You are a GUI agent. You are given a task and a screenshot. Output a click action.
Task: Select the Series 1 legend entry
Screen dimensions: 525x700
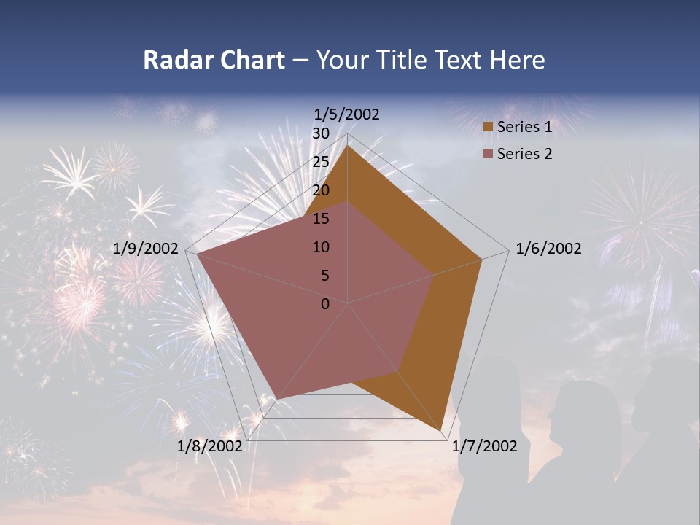pyautogui.click(x=524, y=127)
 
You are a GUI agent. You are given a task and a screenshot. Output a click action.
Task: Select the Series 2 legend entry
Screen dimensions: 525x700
pyautogui.click(x=524, y=154)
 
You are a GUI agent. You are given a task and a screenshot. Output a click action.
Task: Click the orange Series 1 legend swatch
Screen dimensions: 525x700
pyautogui.click(x=488, y=128)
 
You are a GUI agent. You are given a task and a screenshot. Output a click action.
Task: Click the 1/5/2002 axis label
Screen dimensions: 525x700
pyautogui.click(x=347, y=114)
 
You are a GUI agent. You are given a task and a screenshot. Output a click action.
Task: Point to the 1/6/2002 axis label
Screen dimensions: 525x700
pyautogui.click(x=548, y=249)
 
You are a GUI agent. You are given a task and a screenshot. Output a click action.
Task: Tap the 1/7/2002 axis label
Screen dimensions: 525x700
pyautogui.click(x=484, y=446)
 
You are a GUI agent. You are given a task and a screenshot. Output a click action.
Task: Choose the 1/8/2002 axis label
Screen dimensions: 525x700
pyautogui.click(x=209, y=446)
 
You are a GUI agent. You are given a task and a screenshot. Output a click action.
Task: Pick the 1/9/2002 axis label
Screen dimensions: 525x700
pyautogui.click(x=146, y=249)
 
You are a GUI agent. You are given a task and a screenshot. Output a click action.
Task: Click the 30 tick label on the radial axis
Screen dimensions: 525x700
pyautogui.click(x=321, y=133)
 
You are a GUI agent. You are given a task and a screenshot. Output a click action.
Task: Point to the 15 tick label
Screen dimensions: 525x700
pyautogui.click(x=321, y=219)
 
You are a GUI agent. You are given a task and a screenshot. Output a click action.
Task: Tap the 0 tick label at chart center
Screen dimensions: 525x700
pyautogui.click(x=325, y=304)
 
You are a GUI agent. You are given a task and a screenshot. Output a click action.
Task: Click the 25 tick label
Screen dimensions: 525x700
pyautogui.click(x=321, y=162)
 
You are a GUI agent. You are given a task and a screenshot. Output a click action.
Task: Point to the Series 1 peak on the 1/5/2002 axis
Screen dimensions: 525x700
pyautogui.click(x=348, y=145)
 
